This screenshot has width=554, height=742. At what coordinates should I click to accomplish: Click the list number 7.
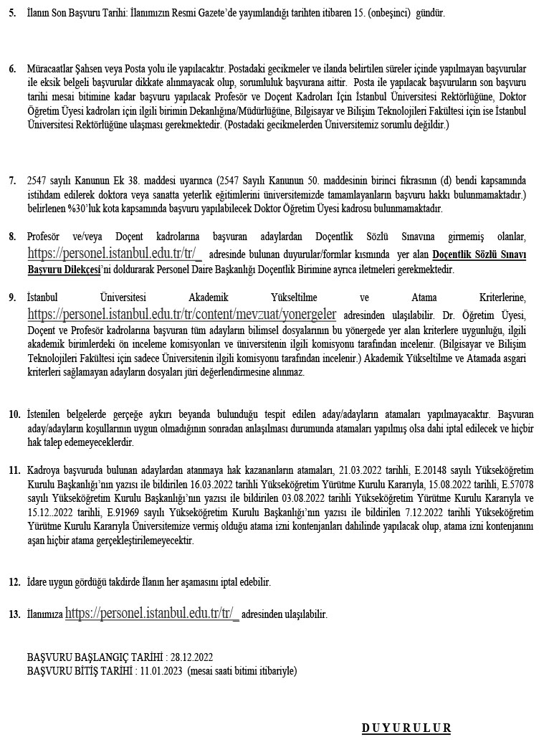(x=12, y=181)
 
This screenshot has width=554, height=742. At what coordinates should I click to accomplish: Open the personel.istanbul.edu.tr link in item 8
(x=115, y=253)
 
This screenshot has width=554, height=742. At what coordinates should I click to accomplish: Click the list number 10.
(x=14, y=415)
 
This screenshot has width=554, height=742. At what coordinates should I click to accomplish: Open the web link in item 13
(x=152, y=614)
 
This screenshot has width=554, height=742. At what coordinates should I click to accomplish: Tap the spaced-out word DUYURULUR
(x=406, y=728)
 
